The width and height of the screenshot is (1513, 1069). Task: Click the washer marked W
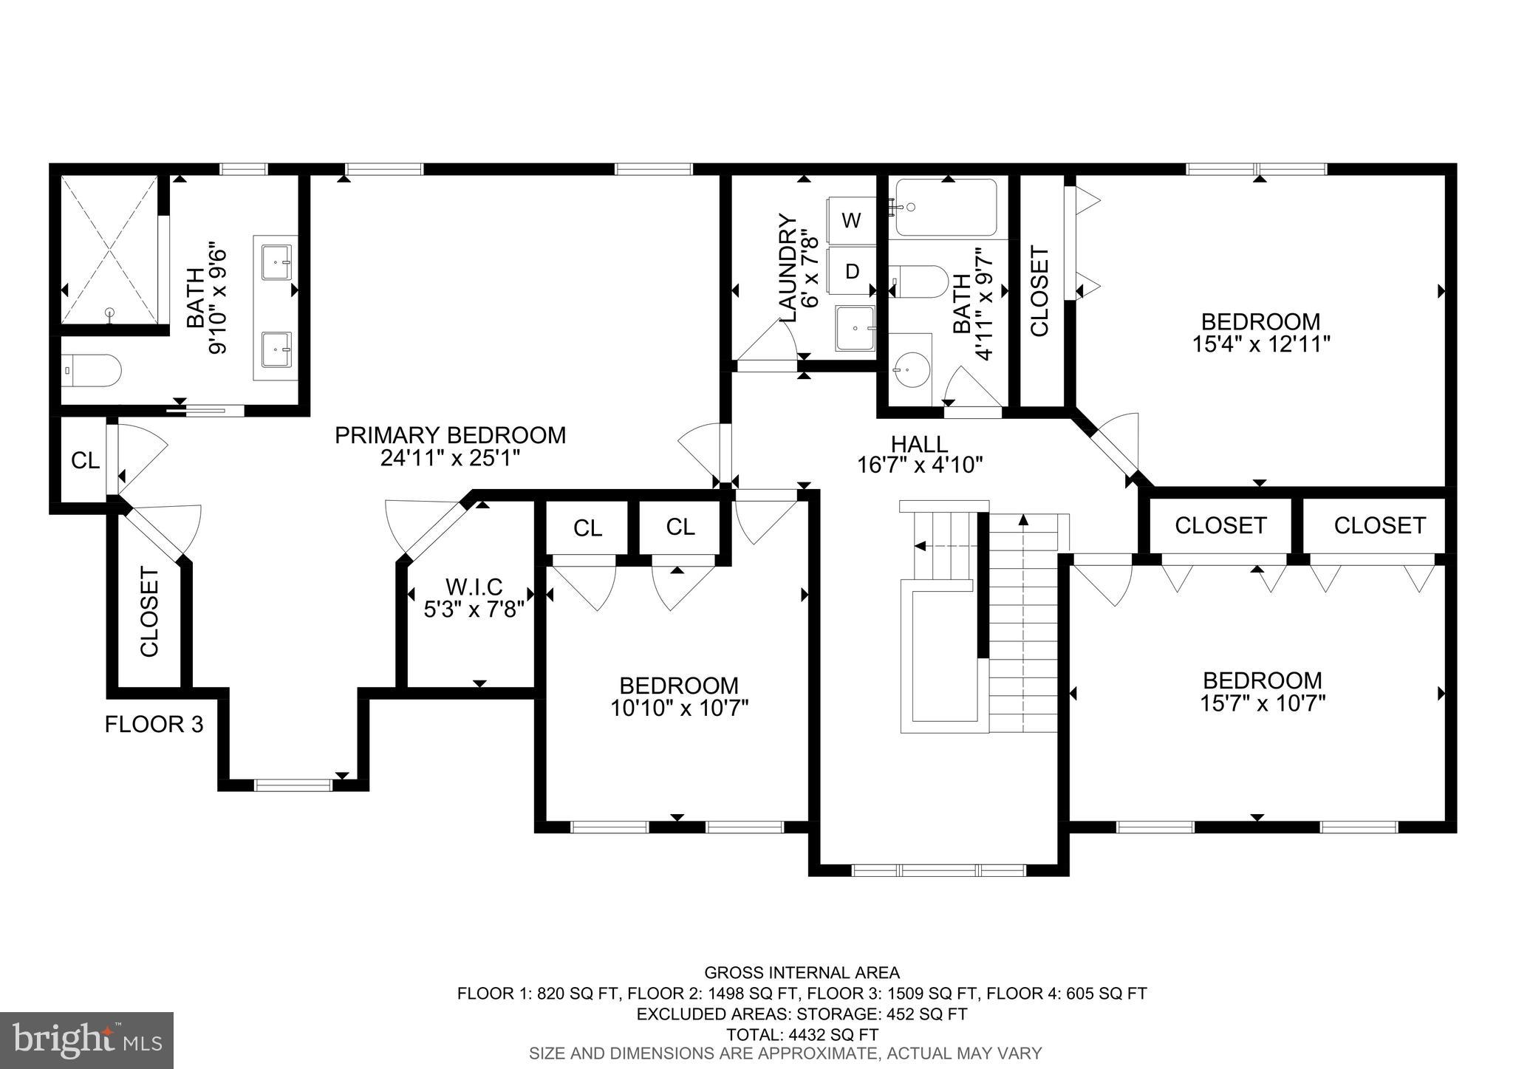[851, 220]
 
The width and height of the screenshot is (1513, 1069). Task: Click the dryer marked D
[851, 271]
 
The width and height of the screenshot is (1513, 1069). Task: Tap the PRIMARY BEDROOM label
[450, 435]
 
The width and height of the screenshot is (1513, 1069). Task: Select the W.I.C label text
[474, 587]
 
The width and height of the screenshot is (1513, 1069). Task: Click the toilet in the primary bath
[92, 370]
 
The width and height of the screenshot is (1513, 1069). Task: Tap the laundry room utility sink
[855, 328]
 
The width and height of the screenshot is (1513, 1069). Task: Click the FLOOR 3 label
[154, 724]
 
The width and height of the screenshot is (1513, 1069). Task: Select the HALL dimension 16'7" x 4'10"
[919, 465]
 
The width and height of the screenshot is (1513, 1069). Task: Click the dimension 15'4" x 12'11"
[1260, 344]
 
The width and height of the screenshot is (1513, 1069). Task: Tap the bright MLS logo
[86, 1039]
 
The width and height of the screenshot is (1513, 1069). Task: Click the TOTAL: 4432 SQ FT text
[802, 1034]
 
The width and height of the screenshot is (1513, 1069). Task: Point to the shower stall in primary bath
[109, 250]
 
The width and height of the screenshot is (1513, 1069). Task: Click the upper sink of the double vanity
[276, 259]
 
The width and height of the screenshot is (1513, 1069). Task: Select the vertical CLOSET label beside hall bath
[1039, 291]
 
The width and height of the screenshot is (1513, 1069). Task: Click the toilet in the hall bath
[920, 281]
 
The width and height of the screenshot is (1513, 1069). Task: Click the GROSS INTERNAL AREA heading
[802, 972]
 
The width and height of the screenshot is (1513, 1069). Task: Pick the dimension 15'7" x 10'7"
[1262, 703]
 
